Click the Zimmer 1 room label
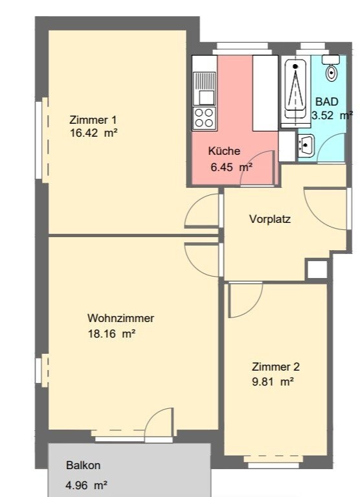pyautogui.click(x=93, y=120)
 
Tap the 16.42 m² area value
pyautogui.click(x=94, y=133)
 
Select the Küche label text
pyautogui.click(x=224, y=151)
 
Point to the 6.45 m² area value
pyautogui.click(x=231, y=167)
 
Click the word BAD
pyautogui.click(x=327, y=102)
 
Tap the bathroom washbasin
pyautogui.click(x=306, y=144)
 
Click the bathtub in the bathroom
pyautogui.click(x=295, y=91)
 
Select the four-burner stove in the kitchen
pyautogui.click(x=204, y=118)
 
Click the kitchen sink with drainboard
pyautogui.click(x=205, y=88)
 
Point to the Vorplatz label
pyautogui.click(x=270, y=219)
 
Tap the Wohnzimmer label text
pyautogui.click(x=120, y=318)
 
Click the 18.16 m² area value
pyautogui.click(x=112, y=334)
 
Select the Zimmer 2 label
pyautogui.click(x=275, y=367)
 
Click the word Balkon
pyautogui.click(x=84, y=465)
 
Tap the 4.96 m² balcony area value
pyautogui.click(x=86, y=485)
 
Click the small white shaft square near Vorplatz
pyautogui.click(x=317, y=270)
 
